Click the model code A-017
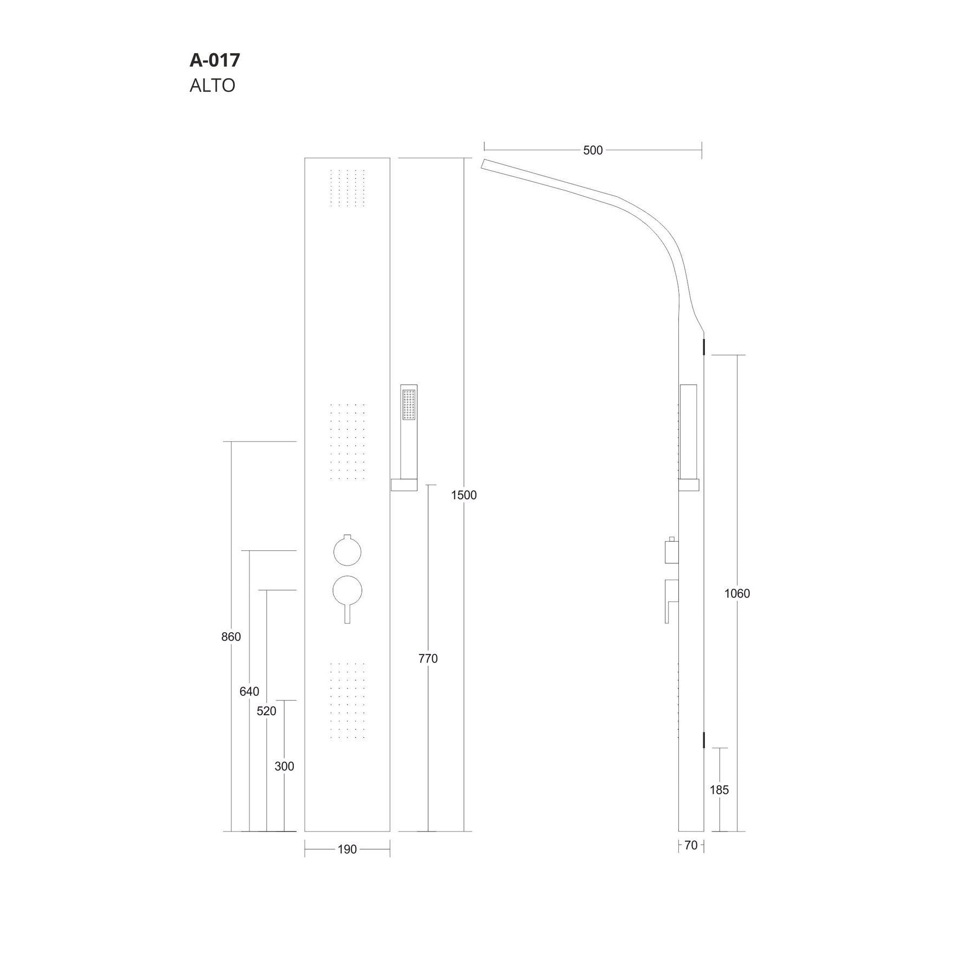(x=215, y=60)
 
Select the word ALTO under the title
(x=212, y=86)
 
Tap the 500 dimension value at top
(x=592, y=150)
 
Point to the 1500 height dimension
(x=464, y=495)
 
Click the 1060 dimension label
(x=737, y=593)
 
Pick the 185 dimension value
(x=719, y=789)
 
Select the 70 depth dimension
(x=691, y=845)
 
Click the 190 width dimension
(x=347, y=849)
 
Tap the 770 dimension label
(x=428, y=658)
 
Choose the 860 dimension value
(x=231, y=637)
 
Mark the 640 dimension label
(x=249, y=691)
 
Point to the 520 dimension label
(x=266, y=711)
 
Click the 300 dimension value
(x=284, y=766)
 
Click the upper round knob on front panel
(x=348, y=551)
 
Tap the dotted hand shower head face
(x=409, y=404)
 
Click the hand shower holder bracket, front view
(x=404, y=484)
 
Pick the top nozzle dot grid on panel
(x=348, y=188)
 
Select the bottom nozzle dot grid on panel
(x=348, y=700)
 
